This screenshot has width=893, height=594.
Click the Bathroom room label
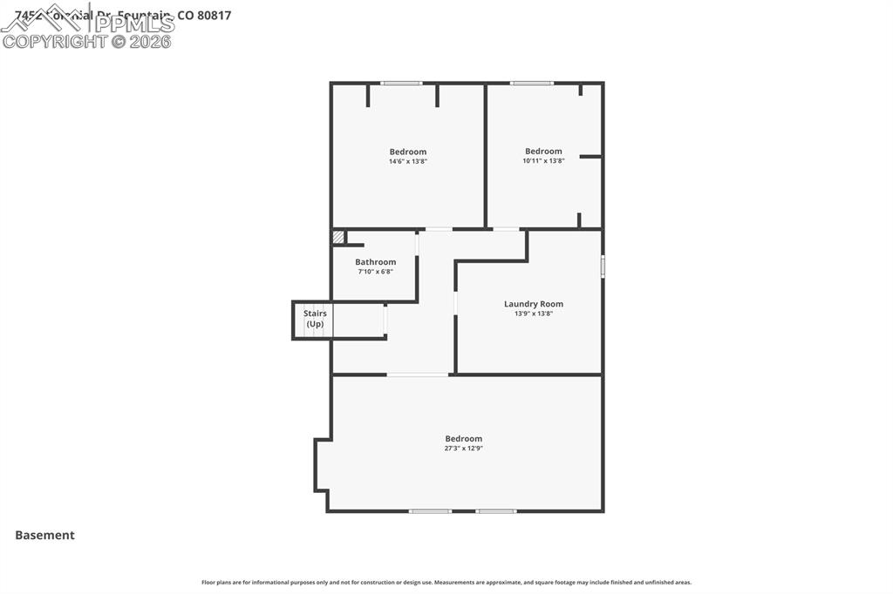(375, 262)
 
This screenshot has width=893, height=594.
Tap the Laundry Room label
(533, 304)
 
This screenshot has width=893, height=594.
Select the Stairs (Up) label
(315, 319)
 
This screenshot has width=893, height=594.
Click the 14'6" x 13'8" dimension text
(407, 161)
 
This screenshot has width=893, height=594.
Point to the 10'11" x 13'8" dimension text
(543, 160)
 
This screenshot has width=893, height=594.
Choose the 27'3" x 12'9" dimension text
(463, 449)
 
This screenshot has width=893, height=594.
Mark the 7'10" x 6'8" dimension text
(375, 272)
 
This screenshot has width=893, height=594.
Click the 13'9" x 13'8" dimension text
(533, 314)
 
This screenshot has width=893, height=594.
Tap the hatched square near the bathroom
(337, 237)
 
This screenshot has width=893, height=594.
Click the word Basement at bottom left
(44, 536)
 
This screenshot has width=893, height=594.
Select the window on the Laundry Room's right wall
(602, 266)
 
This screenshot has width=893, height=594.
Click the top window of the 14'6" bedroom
(401, 84)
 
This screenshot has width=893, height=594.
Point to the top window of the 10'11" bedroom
(531, 84)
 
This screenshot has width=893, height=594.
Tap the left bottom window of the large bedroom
(430, 511)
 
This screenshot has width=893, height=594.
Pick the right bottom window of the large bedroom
(495, 511)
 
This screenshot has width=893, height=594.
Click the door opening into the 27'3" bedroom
(418, 375)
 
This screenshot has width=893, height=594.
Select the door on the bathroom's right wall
(417, 243)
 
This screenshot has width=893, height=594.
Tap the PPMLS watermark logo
(87, 26)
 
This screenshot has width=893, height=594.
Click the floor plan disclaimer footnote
(446, 583)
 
